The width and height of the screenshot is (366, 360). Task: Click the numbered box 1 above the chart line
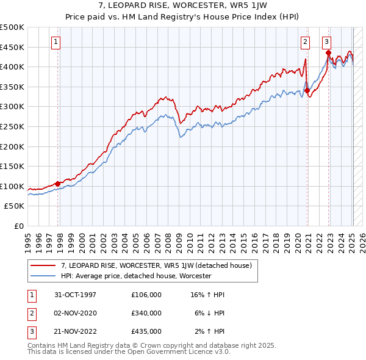(56, 42)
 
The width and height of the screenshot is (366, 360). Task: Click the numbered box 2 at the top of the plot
(304, 42)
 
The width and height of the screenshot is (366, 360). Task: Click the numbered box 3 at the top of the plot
(326, 42)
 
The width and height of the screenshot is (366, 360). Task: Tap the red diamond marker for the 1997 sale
(58, 184)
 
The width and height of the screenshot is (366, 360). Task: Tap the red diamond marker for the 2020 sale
(307, 90)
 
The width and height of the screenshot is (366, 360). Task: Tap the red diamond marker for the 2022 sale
(329, 53)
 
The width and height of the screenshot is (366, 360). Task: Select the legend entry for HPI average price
(135, 276)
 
